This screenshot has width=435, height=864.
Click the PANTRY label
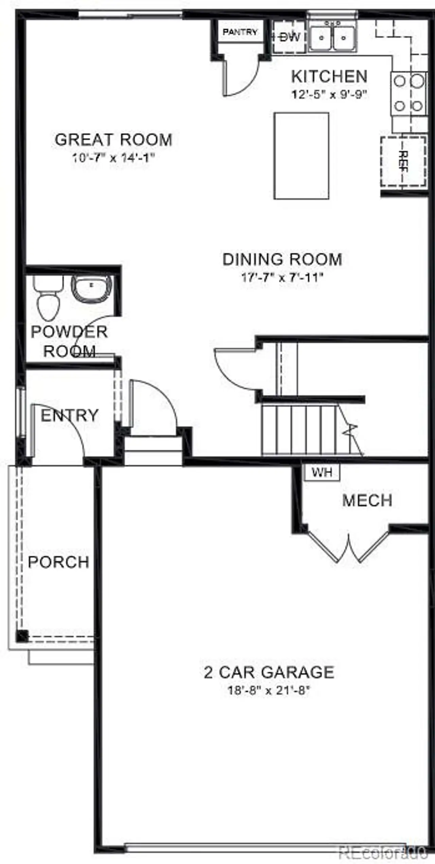[240, 32]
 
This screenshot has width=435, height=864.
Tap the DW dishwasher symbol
[290, 37]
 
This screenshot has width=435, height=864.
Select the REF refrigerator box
[403, 161]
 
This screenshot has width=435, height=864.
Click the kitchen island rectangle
[301, 156]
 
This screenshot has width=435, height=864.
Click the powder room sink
[91, 288]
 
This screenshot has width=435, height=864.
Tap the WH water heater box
[321, 472]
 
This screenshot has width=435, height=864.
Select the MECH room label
[367, 501]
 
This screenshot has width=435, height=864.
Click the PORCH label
[58, 562]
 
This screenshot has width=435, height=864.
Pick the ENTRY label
[69, 415]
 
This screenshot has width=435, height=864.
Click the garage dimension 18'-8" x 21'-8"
[268, 690]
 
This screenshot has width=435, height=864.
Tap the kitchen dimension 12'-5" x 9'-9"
[329, 94]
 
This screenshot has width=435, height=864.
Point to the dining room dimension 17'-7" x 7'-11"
[281, 277]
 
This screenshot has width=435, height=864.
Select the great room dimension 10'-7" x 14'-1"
[114, 158]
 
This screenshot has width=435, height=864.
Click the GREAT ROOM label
[114, 140]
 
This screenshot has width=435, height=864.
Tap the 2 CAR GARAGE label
[268, 672]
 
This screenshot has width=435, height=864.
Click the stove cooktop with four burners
[408, 94]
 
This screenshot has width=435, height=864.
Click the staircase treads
[299, 430]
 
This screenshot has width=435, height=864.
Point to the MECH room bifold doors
[349, 545]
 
